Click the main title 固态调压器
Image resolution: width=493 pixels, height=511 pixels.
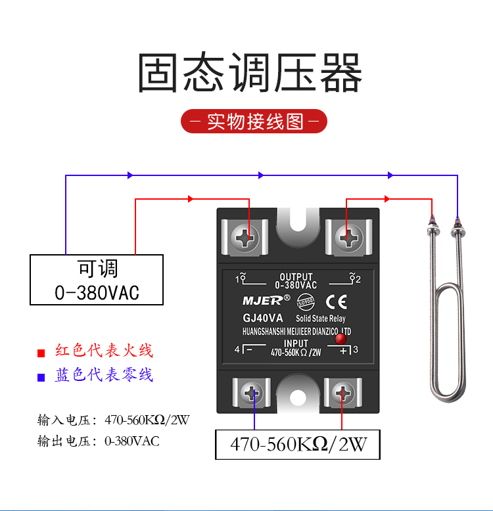coord(250,73)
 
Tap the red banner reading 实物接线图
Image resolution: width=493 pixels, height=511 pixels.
coord(254,122)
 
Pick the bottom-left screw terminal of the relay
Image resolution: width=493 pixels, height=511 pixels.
coord(254,395)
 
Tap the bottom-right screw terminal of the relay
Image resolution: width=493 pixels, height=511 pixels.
coord(342,395)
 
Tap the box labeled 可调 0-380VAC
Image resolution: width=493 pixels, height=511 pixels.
coord(97,280)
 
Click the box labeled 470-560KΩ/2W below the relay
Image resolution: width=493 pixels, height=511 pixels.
coord(298,445)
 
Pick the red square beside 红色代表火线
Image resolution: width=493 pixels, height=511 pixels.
coord(41,353)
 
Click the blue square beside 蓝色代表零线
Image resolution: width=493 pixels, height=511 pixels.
coord(41,377)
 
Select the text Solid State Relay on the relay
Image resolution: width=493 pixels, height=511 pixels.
coord(321,319)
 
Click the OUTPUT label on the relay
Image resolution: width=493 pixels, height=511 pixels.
coord(296,277)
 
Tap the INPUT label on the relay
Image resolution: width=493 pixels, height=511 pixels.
coord(296,344)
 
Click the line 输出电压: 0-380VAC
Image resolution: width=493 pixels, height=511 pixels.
coord(99,441)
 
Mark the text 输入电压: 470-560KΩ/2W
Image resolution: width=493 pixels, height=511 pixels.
coord(113,420)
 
